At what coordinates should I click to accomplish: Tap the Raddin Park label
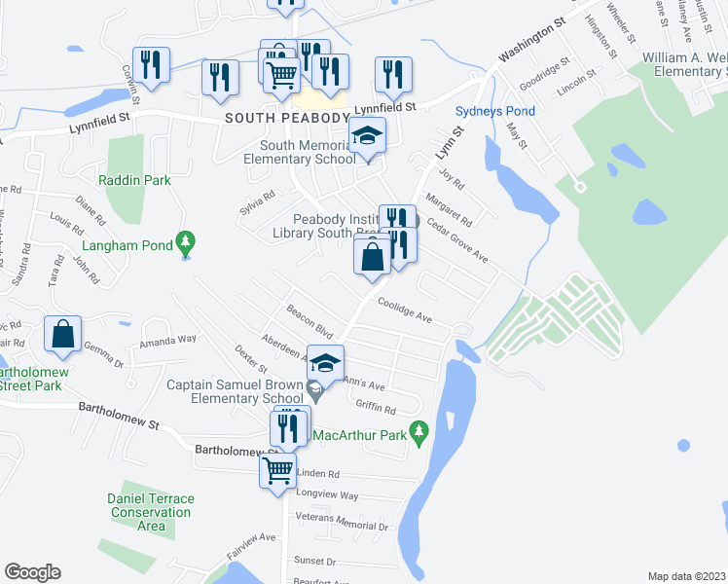click(x=134, y=180)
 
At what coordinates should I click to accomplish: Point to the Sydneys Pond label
click(x=495, y=112)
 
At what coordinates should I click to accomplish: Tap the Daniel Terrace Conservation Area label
click(x=151, y=512)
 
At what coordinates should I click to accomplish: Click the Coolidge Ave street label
click(x=405, y=310)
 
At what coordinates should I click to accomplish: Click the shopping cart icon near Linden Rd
click(x=278, y=469)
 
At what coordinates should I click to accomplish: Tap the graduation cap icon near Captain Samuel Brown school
click(x=326, y=363)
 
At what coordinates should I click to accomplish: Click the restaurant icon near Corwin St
click(x=151, y=64)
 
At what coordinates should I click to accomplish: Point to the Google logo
click(x=32, y=571)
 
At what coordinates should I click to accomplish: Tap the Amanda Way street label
click(x=167, y=340)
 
